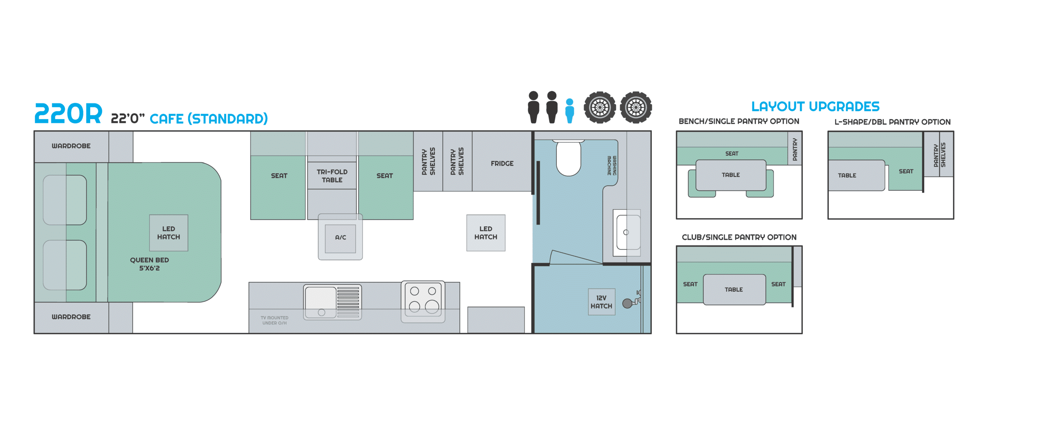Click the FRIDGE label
(x=502, y=163)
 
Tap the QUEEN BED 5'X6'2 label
(x=149, y=264)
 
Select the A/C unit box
(x=340, y=237)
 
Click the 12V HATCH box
(x=601, y=302)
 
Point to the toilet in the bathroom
(x=568, y=158)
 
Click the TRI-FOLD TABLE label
(x=332, y=176)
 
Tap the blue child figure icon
(x=569, y=111)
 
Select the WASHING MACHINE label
(x=612, y=165)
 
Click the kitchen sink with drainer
(x=332, y=302)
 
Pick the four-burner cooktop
(x=423, y=302)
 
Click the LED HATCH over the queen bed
(x=168, y=233)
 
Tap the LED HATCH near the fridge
(x=486, y=233)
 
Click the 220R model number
(x=68, y=114)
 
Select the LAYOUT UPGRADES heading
(x=815, y=106)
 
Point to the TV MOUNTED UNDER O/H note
(x=274, y=320)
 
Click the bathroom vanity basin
(x=627, y=232)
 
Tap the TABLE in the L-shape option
(x=856, y=175)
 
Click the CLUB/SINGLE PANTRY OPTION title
(x=739, y=237)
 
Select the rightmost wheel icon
(x=636, y=107)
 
